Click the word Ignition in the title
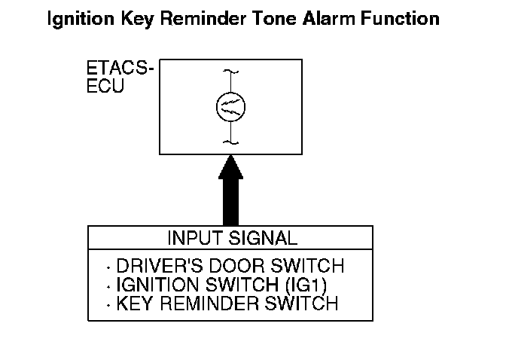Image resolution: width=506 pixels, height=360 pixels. point(81,19)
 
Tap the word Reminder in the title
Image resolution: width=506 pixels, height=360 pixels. point(203,18)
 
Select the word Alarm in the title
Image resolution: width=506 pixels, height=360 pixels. point(329,18)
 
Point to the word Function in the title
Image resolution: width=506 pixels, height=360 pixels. point(400,18)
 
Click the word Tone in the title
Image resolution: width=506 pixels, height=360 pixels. point(274,18)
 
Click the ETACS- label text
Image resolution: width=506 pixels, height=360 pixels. point(120,68)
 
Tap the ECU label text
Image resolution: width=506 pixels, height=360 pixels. point(105,86)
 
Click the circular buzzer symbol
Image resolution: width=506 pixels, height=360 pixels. point(230,107)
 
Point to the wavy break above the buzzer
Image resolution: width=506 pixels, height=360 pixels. point(230,72)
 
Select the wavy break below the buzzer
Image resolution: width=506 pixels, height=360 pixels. point(230,142)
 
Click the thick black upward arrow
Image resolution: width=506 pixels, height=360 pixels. point(230,191)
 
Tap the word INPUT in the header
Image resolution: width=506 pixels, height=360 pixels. point(196,238)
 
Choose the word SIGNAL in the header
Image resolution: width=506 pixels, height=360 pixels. point(263,238)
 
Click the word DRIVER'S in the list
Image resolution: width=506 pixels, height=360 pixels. point(160,266)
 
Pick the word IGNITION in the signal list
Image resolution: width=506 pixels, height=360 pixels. point(157,285)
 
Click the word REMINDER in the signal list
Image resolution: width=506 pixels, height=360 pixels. point(209,304)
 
